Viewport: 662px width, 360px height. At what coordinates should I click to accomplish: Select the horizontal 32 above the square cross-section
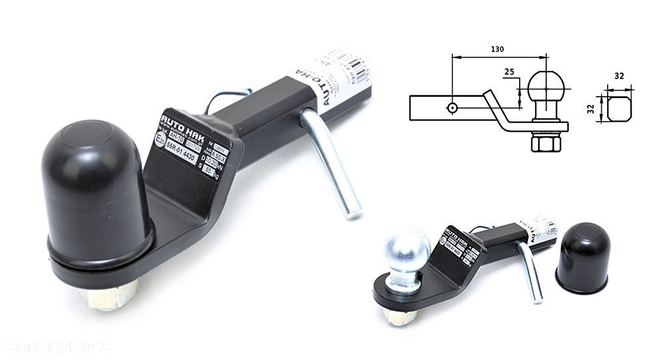[x=619, y=76]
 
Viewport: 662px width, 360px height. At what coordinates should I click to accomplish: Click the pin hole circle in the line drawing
[x=451, y=107]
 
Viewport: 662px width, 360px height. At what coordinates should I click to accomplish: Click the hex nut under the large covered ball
[x=113, y=295]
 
